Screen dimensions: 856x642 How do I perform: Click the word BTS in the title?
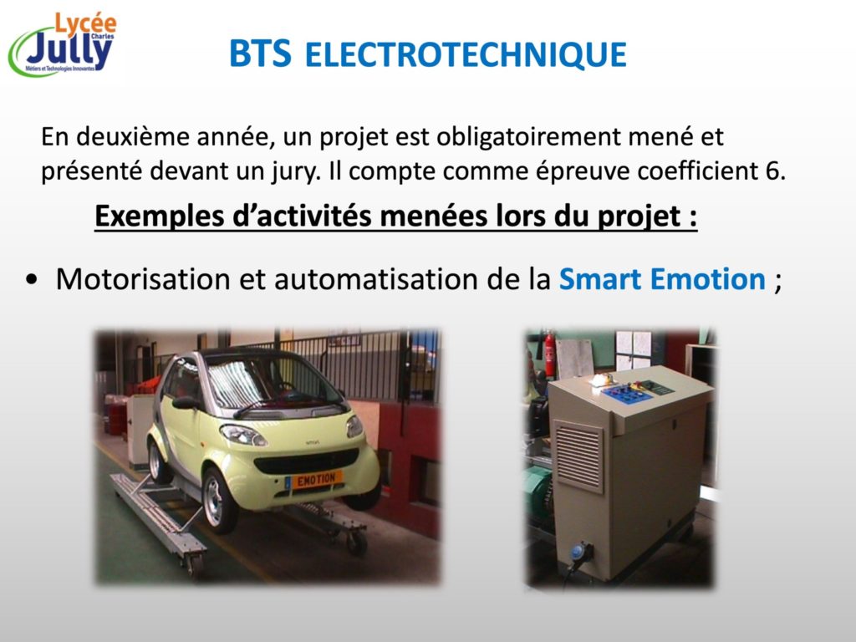pos(260,53)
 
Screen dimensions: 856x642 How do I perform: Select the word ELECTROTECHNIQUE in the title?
pos(465,54)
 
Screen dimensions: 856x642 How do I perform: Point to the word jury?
pos(297,172)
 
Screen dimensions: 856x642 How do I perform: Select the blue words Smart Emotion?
pos(662,279)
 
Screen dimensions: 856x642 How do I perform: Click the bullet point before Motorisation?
pos(32,279)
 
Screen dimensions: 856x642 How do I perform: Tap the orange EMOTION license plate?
pos(316,480)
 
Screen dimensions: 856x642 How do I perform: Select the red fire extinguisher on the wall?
pos(550,354)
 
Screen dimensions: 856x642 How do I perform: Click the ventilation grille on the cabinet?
pos(578,455)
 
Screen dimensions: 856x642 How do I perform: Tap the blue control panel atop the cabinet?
pos(628,393)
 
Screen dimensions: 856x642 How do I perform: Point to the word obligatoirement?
pos(528,137)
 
